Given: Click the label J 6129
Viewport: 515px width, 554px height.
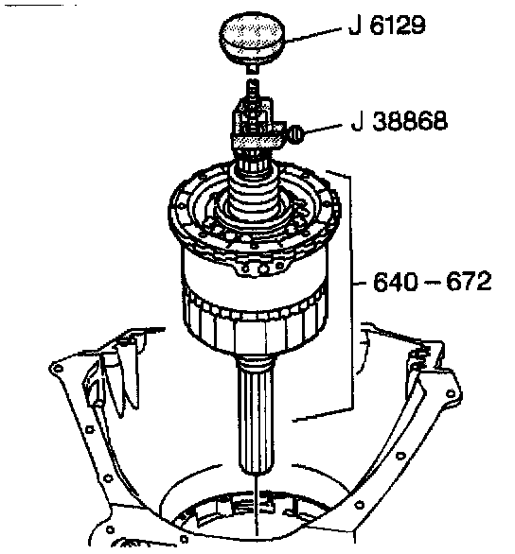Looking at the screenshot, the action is (x=387, y=26).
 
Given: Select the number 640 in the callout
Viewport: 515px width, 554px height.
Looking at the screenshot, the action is (x=396, y=281).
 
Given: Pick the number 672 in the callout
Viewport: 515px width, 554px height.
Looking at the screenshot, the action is (x=469, y=281).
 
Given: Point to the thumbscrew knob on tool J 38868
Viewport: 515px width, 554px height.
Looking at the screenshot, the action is (x=296, y=134).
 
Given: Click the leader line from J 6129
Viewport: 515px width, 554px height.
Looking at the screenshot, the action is (x=314, y=35).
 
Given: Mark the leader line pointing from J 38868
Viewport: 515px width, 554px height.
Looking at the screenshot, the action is (x=323, y=130).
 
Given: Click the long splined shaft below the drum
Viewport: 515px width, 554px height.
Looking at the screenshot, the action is (x=256, y=416).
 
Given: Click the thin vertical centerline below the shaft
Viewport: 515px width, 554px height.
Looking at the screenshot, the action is (x=256, y=505).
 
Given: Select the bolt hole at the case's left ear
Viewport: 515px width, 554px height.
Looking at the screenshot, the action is (x=58, y=369).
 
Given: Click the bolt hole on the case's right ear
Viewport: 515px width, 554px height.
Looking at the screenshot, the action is (x=451, y=393).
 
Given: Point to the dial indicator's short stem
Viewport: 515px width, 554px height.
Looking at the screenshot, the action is (x=252, y=68).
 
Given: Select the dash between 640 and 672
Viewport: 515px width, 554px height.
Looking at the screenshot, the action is (x=432, y=283).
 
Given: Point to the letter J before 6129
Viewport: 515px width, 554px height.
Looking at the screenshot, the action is (x=355, y=26).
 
